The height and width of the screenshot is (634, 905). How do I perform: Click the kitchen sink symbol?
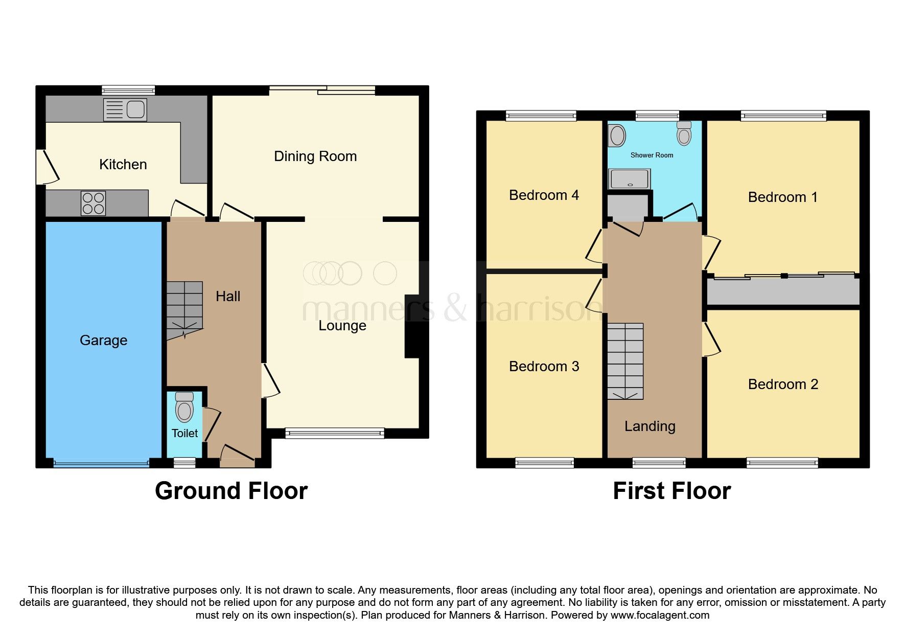click(x=125, y=110)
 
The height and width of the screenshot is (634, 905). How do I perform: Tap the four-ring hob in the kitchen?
click(x=94, y=203)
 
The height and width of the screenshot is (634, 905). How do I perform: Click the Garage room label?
click(x=103, y=341)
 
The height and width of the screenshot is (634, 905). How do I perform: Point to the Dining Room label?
click(x=315, y=156)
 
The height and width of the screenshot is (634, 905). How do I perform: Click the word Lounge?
click(x=342, y=326)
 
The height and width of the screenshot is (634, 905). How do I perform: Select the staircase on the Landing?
click(x=625, y=361)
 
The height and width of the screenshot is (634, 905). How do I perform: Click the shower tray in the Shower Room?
click(x=630, y=179)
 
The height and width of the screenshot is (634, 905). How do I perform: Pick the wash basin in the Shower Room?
click(x=617, y=136)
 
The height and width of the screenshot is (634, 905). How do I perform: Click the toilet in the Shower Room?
click(x=684, y=133)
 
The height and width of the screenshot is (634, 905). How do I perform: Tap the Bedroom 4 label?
click(x=544, y=195)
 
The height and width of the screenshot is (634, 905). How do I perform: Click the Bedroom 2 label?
click(x=783, y=384)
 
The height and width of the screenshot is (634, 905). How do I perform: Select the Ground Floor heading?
click(x=231, y=491)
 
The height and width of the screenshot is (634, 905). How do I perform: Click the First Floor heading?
click(x=671, y=491)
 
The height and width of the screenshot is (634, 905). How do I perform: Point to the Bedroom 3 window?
click(x=545, y=463)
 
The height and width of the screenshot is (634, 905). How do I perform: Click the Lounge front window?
click(x=335, y=433)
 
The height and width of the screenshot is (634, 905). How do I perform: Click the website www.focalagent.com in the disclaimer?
click(x=660, y=615)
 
